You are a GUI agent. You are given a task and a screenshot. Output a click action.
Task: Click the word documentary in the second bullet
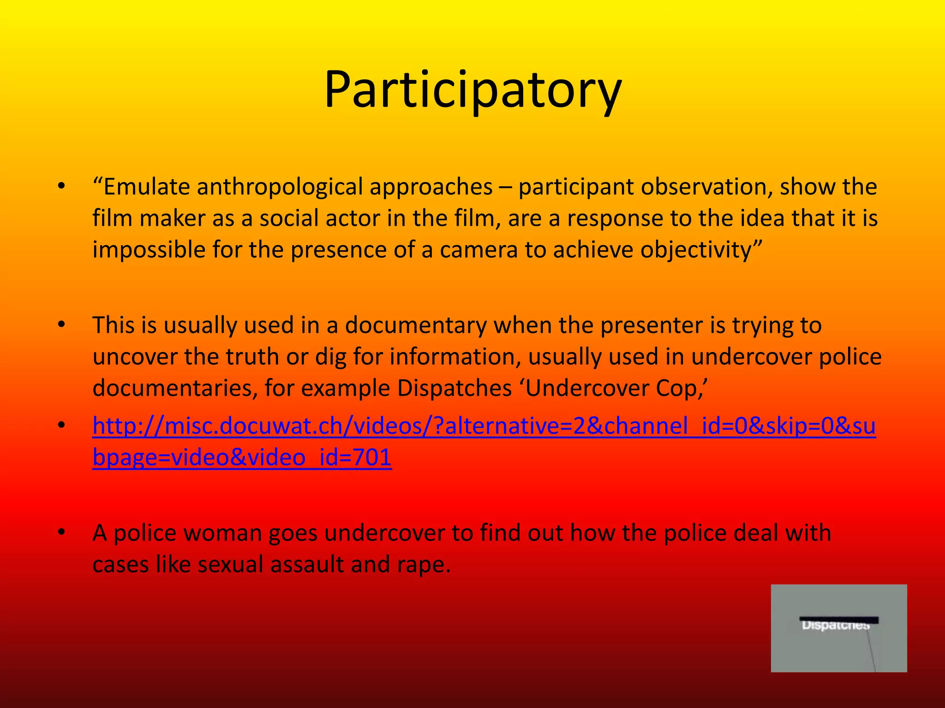(x=415, y=325)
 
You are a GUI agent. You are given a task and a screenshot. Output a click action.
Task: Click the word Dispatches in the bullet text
(x=454, y=388)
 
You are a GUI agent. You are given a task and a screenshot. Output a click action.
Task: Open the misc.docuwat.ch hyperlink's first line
(x=484, y=426)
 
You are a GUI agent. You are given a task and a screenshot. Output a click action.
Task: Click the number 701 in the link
(x=372, y=457)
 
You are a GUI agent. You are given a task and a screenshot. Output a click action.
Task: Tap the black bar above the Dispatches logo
(x=838, y=620)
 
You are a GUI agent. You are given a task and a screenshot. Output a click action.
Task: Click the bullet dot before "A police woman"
(x=61, y=532)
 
